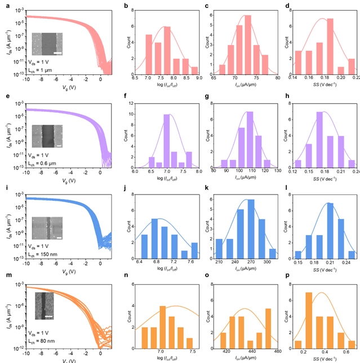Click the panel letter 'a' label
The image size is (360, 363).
click(x=3, y=6)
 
